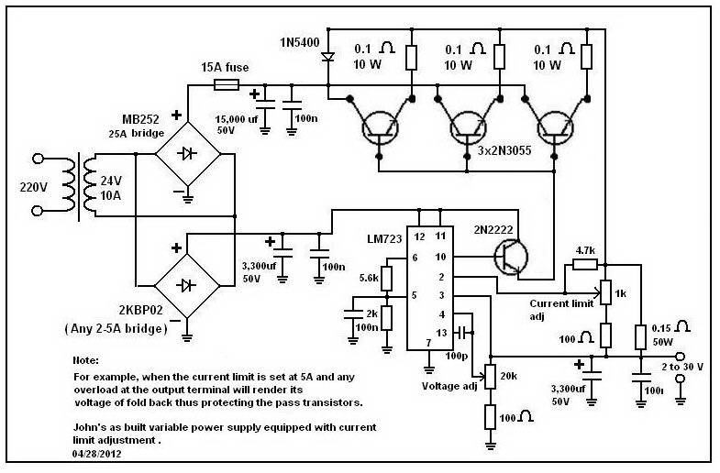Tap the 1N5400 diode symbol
pos(327,56)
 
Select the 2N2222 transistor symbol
pos(508,258)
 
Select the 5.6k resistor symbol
pos(386,276)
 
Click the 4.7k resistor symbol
pos(583,265)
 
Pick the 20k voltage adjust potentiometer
pos(490,375)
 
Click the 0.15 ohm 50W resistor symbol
pos(640,336)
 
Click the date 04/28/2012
pos(99,453)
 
